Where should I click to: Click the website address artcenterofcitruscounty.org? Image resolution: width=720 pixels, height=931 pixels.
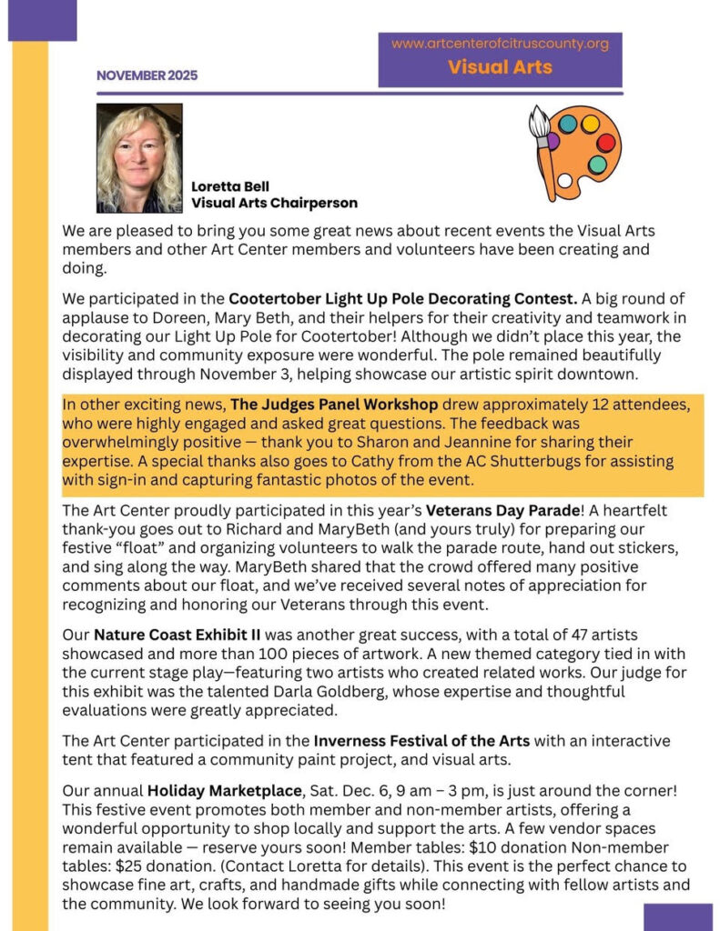(x=500, y=44)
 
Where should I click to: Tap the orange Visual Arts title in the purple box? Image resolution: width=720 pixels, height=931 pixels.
(x=500, y=67)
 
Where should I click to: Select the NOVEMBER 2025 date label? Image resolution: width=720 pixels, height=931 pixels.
(x=147, y=76)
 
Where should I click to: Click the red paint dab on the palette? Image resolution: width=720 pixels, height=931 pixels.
(x=605, y=143)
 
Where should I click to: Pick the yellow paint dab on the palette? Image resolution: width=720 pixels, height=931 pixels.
(x=590, y=123)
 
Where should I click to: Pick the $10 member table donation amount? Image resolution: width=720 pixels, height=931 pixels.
(x=514, y=844)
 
